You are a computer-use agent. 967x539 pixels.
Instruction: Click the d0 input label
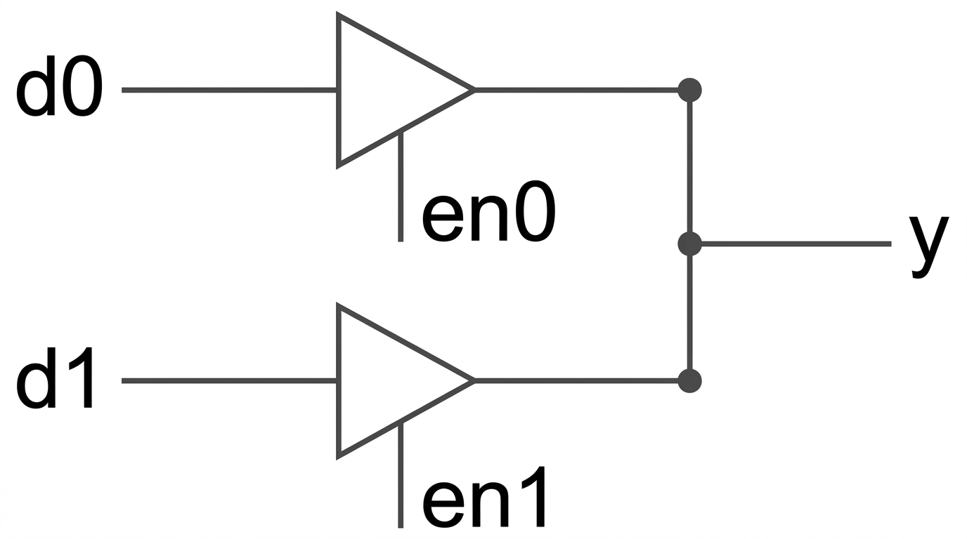(59, 86)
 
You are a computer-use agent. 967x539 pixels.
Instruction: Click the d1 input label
(55, 378)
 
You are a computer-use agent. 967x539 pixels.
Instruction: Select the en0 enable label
(488, 211)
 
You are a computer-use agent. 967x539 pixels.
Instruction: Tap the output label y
(928, 246)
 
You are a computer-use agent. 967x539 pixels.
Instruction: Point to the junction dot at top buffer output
(689, 90)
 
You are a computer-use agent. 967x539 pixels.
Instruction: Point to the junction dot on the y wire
(689, 244)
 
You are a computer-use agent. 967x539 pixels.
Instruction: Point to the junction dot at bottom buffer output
(689, 381)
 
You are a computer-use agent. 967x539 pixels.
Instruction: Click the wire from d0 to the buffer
(229, 90)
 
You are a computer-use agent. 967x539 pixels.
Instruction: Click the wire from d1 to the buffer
(229, 381)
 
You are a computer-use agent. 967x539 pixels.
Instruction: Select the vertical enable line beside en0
(401, 186)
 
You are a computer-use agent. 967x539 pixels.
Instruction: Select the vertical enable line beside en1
(401, 474)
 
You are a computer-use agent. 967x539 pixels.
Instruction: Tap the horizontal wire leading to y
(791, 244)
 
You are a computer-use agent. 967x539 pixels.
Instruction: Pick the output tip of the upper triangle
(475, 90)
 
